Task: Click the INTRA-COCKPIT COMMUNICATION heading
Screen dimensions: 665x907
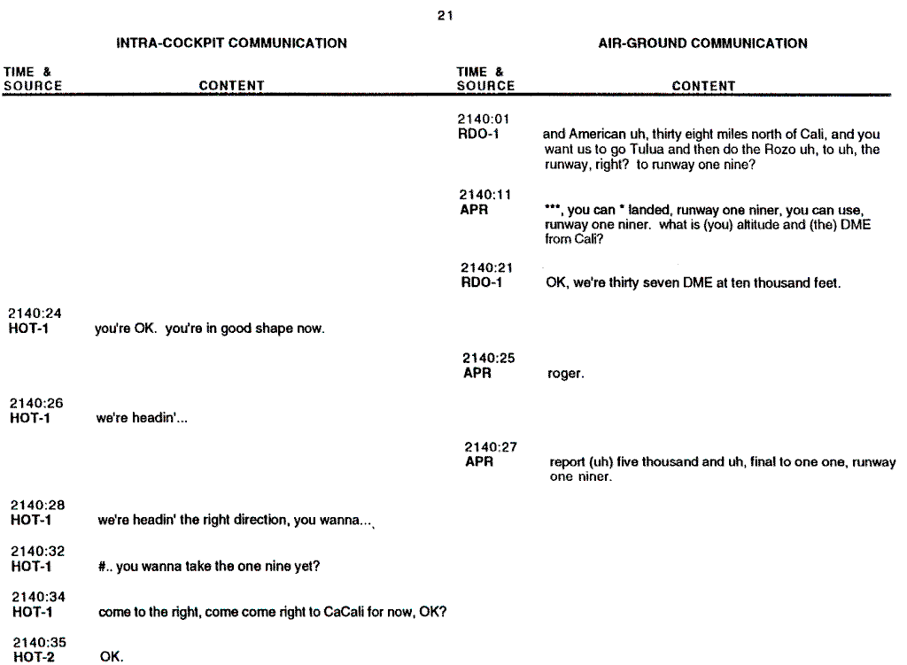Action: tap(232, 43)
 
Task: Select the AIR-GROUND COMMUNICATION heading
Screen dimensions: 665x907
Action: tap(703, 43)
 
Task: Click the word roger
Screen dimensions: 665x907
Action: tap(566, 375)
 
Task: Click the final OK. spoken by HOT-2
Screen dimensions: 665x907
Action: tap(112, 657)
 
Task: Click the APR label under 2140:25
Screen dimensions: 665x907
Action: tap(477, 374)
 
